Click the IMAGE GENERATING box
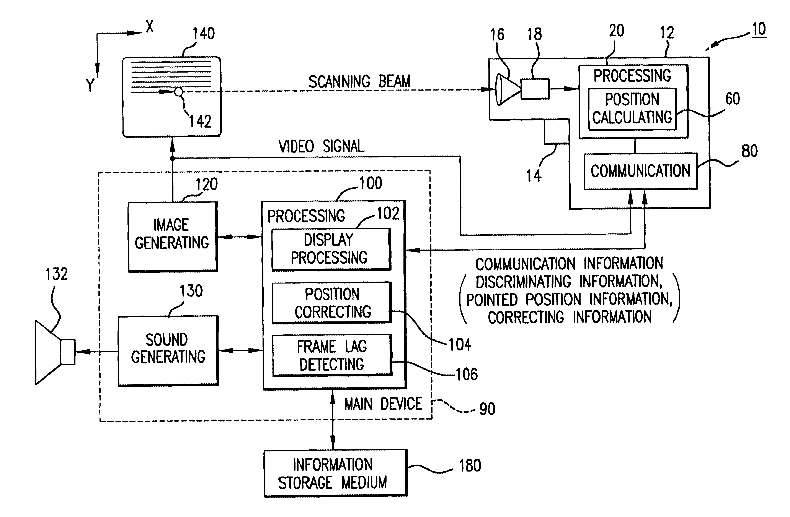tap(172, 237)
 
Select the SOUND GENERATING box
tap(168, 350)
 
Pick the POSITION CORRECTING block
tap(332, 302)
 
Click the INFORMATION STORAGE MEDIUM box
tap(335, 473)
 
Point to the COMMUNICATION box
tap(640, 171)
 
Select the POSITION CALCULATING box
tap(632, 109)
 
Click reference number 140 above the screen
tap(204, 34)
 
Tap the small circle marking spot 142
tap(179, 92)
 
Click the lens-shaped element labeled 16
tap(507, 89)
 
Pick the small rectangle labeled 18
tap(535, 89)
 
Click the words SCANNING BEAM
tap(359, 82)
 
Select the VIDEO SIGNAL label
tap(321, 146)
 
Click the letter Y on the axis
tap(90, 85)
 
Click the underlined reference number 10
tap(759, 29)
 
